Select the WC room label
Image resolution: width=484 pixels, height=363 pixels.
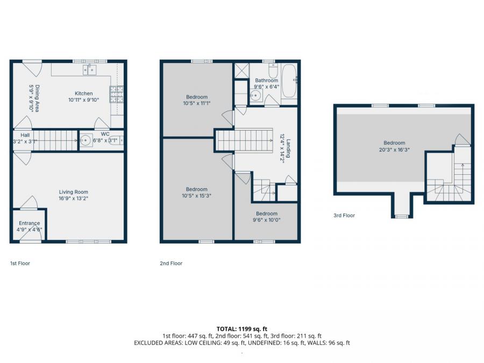click(x=105, y=134)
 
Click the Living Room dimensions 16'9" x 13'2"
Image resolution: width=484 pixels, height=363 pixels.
click(x=74, y=198)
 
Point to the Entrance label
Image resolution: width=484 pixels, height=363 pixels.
click(x=29, y=223)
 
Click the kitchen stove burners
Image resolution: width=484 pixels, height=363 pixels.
click(x=117, y=95)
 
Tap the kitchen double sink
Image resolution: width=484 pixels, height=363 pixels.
click(x=89, y=70)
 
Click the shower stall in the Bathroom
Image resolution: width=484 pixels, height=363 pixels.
click(x=241, y=71)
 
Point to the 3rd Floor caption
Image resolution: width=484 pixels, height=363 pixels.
click(x=344, y=216)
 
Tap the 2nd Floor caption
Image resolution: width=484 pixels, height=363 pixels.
click(x=172, y=264)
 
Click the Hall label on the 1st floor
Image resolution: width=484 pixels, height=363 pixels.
click(x=25, y=136)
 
